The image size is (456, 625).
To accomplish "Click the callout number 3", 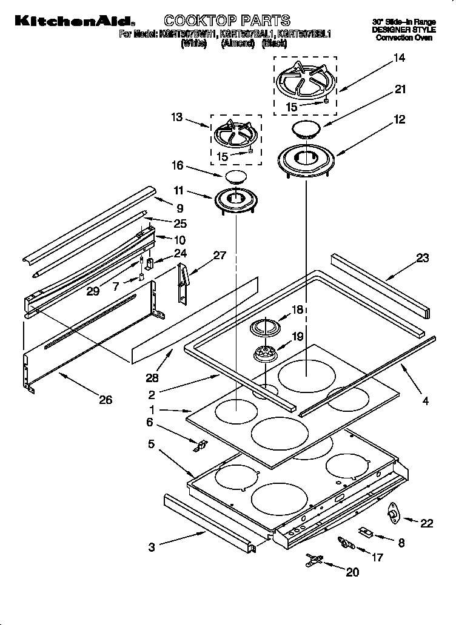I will (x=152, y=547).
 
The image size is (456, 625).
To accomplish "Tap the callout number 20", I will (x=352, y=571).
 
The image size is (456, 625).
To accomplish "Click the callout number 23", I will (x=422, y=258).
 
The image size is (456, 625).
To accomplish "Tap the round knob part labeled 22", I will (x=394, y=514).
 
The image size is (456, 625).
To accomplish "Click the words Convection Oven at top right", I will (x=404, y=38).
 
